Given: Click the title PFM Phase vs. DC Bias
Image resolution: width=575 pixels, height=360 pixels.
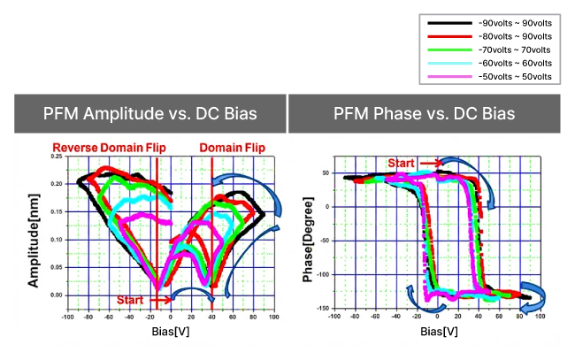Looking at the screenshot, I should (431, 114).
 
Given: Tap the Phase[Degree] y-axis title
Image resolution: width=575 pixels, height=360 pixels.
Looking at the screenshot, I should (309, 234).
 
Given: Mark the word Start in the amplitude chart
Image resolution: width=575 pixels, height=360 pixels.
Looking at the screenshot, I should (130, 299).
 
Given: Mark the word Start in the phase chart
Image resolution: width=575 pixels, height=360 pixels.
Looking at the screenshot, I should (402, 162).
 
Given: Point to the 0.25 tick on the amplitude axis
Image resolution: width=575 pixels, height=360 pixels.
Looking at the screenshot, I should (57, 157).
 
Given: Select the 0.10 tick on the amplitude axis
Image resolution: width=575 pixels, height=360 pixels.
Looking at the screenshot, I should (57, 240).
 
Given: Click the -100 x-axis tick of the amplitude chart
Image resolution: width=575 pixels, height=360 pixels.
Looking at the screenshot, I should (67, 316).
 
